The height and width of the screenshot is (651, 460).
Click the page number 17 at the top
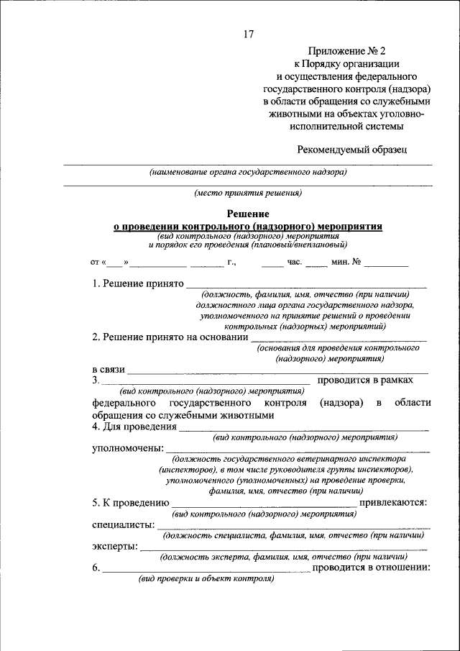[249, 34]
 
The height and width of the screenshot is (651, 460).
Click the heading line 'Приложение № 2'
[347, 51]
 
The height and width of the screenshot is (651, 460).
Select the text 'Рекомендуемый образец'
[351, 149]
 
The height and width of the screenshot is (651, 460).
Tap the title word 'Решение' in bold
[248, 214]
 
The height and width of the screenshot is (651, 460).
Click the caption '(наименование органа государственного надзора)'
[248, 173]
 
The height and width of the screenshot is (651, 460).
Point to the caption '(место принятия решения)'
[248, 193]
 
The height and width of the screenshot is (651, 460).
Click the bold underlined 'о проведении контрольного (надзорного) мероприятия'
[248, 226]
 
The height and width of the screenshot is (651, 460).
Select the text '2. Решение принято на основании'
[170, 337]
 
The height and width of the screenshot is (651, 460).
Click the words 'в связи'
[109, 369]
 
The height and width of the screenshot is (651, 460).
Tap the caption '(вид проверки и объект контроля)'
[207, 578]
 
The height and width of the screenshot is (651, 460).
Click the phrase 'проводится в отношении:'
[372, 568]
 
